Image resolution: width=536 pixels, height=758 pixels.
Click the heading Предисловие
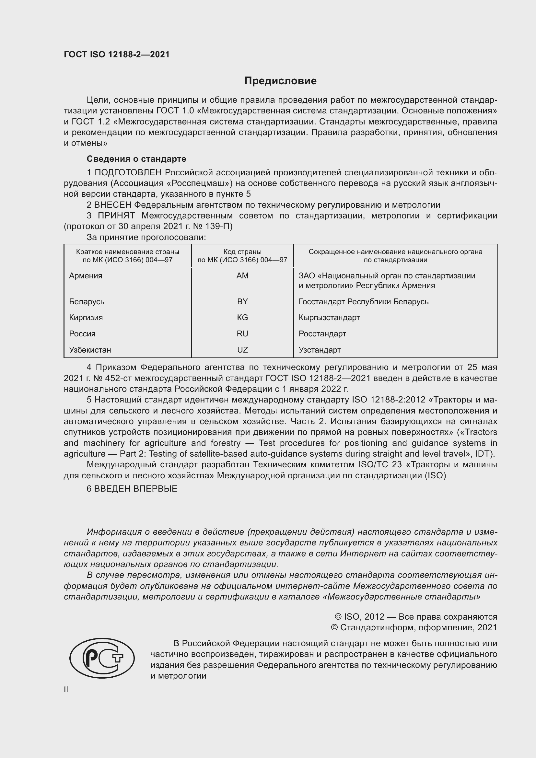(280, 81)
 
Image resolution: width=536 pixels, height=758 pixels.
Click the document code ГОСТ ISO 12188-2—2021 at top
(117, 55)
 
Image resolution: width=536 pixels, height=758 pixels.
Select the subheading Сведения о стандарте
(136, 159)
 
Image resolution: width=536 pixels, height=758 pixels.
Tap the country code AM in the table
(242, 276)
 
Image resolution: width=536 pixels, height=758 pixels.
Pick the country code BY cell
(242, 301)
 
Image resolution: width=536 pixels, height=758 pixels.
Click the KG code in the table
(242, 318)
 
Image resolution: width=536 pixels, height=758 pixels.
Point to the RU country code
(242, 334)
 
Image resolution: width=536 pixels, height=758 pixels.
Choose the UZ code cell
(242, 350)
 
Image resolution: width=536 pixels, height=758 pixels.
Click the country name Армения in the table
(86, 276)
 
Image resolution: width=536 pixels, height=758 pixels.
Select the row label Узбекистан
(90, 350)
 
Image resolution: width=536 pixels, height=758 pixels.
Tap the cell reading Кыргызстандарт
(329, 318)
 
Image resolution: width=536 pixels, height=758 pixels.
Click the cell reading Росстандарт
(322, 334)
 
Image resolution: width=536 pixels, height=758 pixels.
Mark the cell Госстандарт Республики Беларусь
(363, 301)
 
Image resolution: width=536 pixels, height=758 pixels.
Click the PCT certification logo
(102, 658)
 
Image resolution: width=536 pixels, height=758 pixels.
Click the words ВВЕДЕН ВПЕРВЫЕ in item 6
(136, 489)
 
